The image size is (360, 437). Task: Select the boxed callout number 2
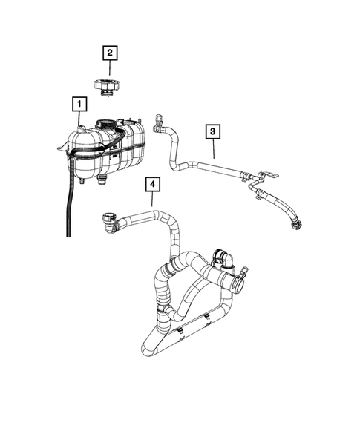point(109,53)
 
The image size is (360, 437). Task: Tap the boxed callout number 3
point(212,133)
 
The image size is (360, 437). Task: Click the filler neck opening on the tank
point(108,123)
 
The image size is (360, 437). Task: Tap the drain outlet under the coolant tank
point(102,180)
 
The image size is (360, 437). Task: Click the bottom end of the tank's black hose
point(69,232)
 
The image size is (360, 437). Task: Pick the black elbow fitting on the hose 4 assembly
point(222,258)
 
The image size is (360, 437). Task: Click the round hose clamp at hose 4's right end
point(240,281)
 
